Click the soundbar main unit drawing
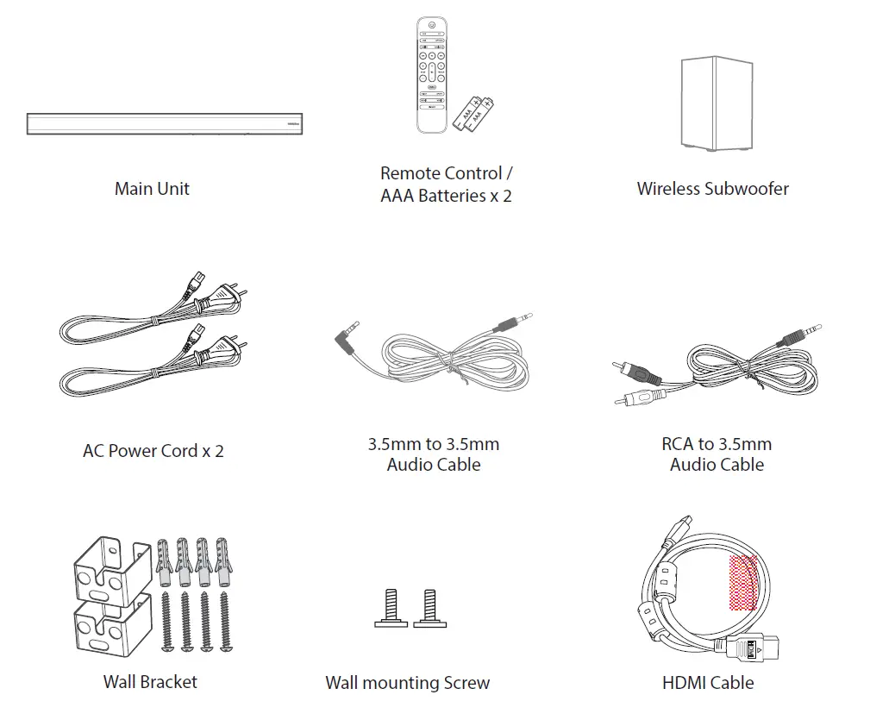(164, 123)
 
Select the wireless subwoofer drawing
(715, 103)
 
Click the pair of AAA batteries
(477, 113)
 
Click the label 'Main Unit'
(152, 188)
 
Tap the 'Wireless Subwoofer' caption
(712, 188)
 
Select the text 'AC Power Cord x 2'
(153, 450)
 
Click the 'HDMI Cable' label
(708, 682)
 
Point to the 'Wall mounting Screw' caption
(407, 683)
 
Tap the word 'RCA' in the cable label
(678, 444)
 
